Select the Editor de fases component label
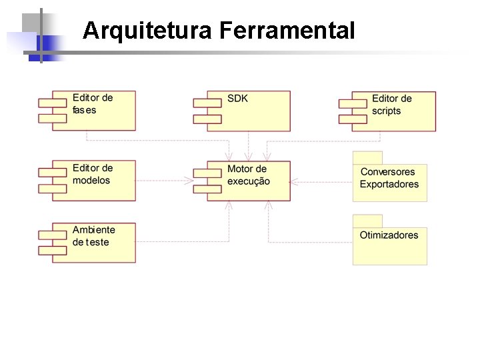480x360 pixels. tap(93, 104)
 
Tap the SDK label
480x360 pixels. tap(237, 99)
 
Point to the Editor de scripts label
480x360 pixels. tap(391, 105)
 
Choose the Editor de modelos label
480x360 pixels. tap(93, 174)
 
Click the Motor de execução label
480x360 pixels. tap(248, 175)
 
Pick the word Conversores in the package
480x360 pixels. tap(387, 172)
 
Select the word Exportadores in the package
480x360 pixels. tap(389, 185)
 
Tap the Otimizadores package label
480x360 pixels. tap(389, 235)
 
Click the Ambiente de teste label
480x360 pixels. tap(93, 236)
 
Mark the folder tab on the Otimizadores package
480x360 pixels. tap(367, 221)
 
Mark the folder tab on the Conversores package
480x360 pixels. tap(367, 158)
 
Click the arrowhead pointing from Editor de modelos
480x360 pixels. tap(188, 180)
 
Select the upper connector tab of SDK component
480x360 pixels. tap(207, 103)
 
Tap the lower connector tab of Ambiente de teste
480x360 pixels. tap(53, 251)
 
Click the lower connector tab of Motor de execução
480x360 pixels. tap(208, 188)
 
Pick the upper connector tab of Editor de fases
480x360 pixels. tap(53, 103)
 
